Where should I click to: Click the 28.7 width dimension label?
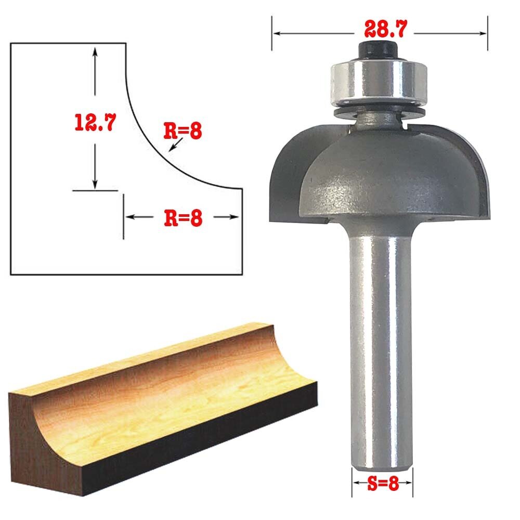pos(385,29)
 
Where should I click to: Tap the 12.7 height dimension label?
pos(95,122)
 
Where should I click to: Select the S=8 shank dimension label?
pos(383,483)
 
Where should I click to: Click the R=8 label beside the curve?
pos(183,131)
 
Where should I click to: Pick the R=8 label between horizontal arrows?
pos(183,218)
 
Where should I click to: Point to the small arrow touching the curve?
pos(175,145)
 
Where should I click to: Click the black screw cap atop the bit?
pos(378,50)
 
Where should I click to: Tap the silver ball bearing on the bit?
pos(379,81)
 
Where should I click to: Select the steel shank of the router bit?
pos(381,348)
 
